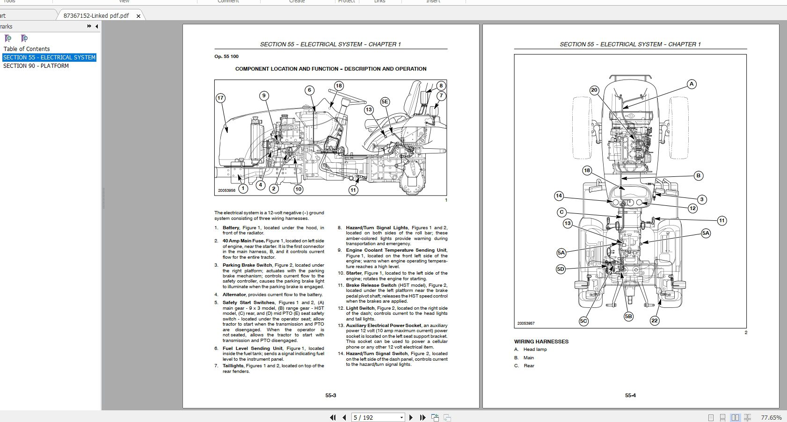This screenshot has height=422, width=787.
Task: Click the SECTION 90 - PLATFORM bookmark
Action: click(x=36, y=66)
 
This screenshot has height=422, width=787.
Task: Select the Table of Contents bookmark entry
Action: click(x=27, y=49)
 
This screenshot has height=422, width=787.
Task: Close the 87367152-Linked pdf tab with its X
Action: click(x=138, y=16)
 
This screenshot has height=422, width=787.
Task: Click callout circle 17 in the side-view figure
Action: click(x=220, y=98)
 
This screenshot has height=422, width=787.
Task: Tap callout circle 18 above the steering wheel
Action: click(x=339, y=86)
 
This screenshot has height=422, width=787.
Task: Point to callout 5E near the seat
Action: click(x=385, y=102)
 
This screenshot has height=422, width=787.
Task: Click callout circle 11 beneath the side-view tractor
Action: click(x=353, y=190)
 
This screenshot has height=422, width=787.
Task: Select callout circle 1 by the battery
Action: click(x=243, y=189)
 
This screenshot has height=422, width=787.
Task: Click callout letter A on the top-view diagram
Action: click(x=691, y=84)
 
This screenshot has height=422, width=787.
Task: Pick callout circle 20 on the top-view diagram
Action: click(x=594, y=90)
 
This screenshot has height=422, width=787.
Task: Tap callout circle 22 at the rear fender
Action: click(x=654, y=320)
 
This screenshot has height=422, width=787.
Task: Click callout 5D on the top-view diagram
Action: click(x=561, y=269)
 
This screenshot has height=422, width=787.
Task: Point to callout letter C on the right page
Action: click(x=562, y=212)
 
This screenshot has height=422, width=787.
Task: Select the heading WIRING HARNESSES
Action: click(x=541, y=342)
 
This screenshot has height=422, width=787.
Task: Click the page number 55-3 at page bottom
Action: click(x=331, y=395)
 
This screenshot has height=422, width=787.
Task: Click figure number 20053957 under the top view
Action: click(x=526, y=323)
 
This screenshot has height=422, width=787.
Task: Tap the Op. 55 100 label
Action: click(x=226, y=57)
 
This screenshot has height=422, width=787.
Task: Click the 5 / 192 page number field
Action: click(x=374, y=417)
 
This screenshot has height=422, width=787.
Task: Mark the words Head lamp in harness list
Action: click(x=535, y=349)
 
